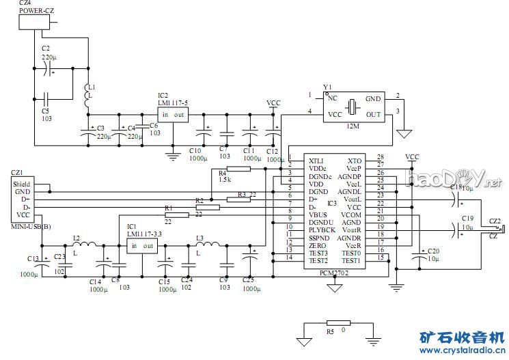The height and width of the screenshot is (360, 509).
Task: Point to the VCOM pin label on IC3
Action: [x=351, y=214]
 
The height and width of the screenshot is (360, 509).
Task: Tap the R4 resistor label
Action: [x=223, y=174]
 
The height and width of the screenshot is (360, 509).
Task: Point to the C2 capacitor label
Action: [x=46, y=48]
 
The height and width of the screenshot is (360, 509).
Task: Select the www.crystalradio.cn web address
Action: [x=462, y=351]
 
